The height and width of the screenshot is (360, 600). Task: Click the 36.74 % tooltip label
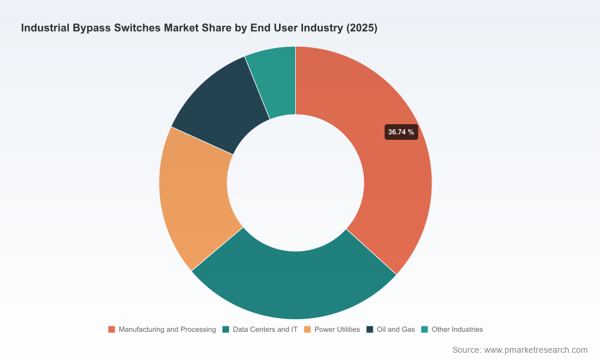[x=401, y=132]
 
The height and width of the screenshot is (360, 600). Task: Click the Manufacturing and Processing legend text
[x=167, y=329]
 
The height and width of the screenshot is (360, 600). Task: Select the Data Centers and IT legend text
[x=265, y=329]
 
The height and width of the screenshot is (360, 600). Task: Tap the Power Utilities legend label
[x=337, y=329]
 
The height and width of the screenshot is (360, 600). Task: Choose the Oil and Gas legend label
[x=395, y=329]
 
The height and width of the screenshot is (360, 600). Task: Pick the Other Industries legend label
[x=457, y=329]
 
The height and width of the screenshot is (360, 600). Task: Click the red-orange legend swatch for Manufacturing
[x=112, y=329]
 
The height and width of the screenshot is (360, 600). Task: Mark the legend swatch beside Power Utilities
[x=307, y=329]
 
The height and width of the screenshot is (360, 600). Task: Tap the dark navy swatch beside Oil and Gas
[x=370, y=329]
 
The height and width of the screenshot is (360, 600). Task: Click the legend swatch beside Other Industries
[x=424, y=329]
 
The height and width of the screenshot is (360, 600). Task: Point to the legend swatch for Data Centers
[x=226, y=329]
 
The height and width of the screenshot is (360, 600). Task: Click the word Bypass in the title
[x=92, y=28]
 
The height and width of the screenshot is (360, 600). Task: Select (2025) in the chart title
[x=362, y=28]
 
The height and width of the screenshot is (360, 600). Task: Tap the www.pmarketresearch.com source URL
[x=536, y=350]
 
